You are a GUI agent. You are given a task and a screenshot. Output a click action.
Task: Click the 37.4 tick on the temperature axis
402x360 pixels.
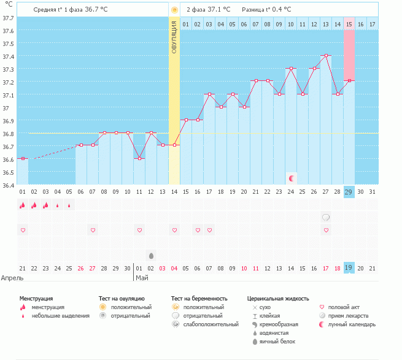pos(9,56)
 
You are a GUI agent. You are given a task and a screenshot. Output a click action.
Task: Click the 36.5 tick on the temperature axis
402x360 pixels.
pos(9,172)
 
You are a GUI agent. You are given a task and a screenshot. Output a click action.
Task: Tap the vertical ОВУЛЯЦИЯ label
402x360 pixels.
pos(174,37)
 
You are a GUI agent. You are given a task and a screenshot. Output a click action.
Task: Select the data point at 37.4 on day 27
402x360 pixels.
pos(326,56)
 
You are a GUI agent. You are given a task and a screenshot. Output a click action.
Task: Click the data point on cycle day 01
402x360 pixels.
pos(23,159)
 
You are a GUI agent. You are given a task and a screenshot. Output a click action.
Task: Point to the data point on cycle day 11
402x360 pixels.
pos(139,159)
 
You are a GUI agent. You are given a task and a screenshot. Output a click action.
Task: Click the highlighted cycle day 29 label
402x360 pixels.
pos(349,191)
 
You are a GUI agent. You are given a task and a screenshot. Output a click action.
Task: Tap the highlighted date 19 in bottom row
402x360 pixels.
pos(349,268)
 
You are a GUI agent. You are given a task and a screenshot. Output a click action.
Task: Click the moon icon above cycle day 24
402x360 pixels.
pos(292,178)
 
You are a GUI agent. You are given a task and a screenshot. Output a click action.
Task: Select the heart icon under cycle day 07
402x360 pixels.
pos(93,230)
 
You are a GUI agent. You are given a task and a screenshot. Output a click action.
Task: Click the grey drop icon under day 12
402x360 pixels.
pos(151,255)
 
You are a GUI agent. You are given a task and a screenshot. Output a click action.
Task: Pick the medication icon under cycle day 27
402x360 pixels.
pos(326,217)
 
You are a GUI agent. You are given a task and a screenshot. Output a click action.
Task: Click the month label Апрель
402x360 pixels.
pos(12,278)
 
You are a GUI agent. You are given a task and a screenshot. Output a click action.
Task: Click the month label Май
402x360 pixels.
pos(142,278)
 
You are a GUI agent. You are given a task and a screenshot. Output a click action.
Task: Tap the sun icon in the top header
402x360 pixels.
pos(174,10)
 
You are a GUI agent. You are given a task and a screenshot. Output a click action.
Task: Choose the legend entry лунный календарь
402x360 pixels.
pos(352,324)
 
